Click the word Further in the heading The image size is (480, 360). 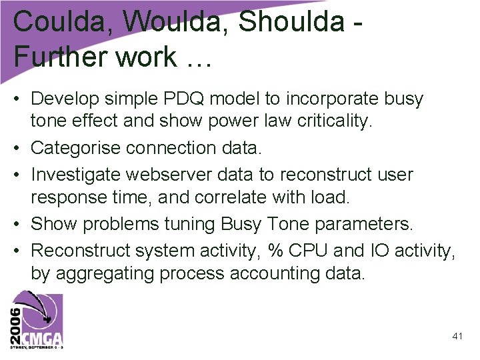[57, 57]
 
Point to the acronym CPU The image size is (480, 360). [306, 251]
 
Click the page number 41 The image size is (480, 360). [457, 337]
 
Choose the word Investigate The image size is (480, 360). [79, 175]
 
